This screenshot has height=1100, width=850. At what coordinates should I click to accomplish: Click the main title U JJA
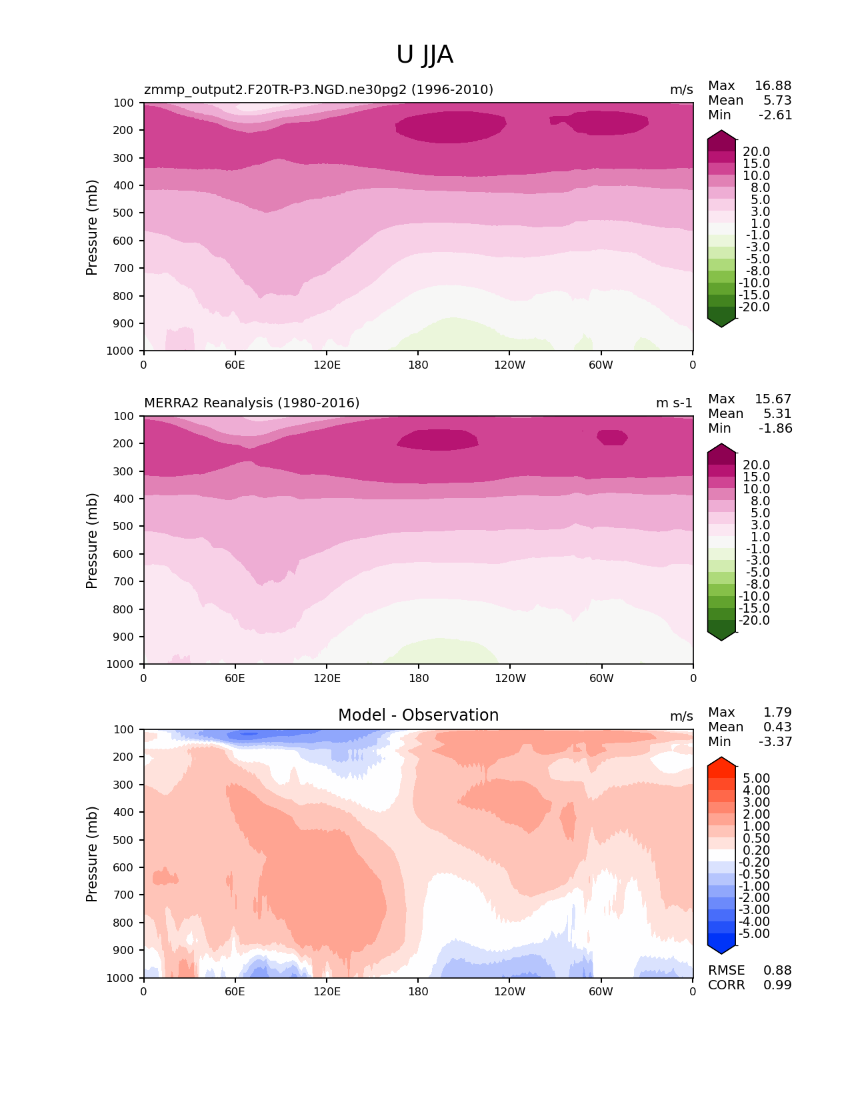point(425,55)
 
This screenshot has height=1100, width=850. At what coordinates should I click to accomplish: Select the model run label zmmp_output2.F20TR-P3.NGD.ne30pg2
point(319,90)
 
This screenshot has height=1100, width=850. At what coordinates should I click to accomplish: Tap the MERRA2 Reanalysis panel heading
point(251,403)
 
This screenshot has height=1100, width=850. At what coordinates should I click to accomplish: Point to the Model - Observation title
point(418,715)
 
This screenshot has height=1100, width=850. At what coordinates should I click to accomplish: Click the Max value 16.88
point(773,86)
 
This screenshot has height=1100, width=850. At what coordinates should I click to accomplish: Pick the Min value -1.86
point(775,429)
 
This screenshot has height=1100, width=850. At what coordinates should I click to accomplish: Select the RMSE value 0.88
point(777,971)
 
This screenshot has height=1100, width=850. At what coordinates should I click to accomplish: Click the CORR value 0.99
point(777,985)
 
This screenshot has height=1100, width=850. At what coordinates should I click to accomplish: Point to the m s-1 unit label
point(674,403)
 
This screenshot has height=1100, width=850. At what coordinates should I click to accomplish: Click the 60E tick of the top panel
point(235,365)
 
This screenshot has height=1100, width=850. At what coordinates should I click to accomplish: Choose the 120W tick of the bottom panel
point(509,991)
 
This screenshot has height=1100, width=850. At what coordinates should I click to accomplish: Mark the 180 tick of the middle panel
point(418,678)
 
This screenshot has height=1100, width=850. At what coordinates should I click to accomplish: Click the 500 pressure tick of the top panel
point(124,213)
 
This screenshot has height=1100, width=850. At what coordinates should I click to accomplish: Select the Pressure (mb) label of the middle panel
point(92,541)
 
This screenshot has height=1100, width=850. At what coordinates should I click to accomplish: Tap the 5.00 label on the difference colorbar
point(756,779)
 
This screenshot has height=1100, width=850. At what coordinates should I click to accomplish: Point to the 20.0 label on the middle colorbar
point(756,465)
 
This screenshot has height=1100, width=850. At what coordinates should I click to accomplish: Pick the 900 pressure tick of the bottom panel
point(124,951)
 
